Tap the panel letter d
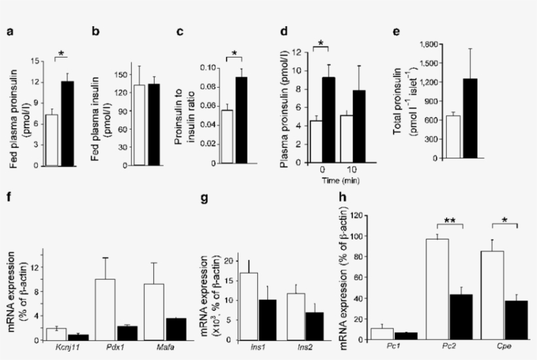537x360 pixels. pos(284,31)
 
